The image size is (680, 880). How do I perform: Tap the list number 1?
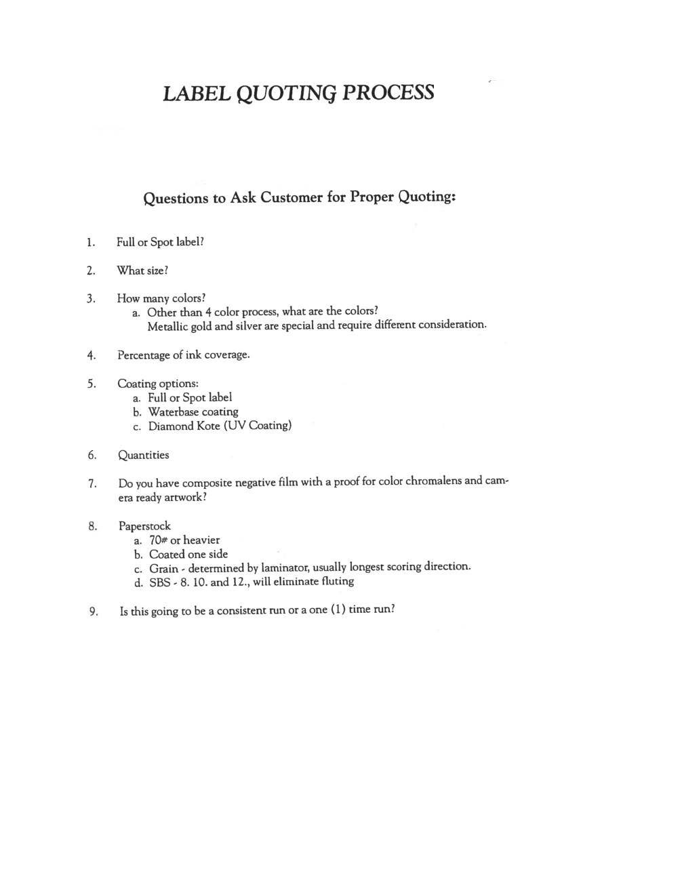90,243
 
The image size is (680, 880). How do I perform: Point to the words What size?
142,271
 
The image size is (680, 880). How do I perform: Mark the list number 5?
91,384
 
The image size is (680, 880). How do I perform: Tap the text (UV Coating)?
257,426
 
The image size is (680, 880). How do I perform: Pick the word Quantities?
144,455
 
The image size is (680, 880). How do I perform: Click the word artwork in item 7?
183,498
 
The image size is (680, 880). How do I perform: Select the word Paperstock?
144,526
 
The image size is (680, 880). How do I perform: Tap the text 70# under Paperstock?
158,540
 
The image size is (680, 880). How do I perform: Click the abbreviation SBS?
160,582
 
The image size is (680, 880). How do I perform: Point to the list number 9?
94,612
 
